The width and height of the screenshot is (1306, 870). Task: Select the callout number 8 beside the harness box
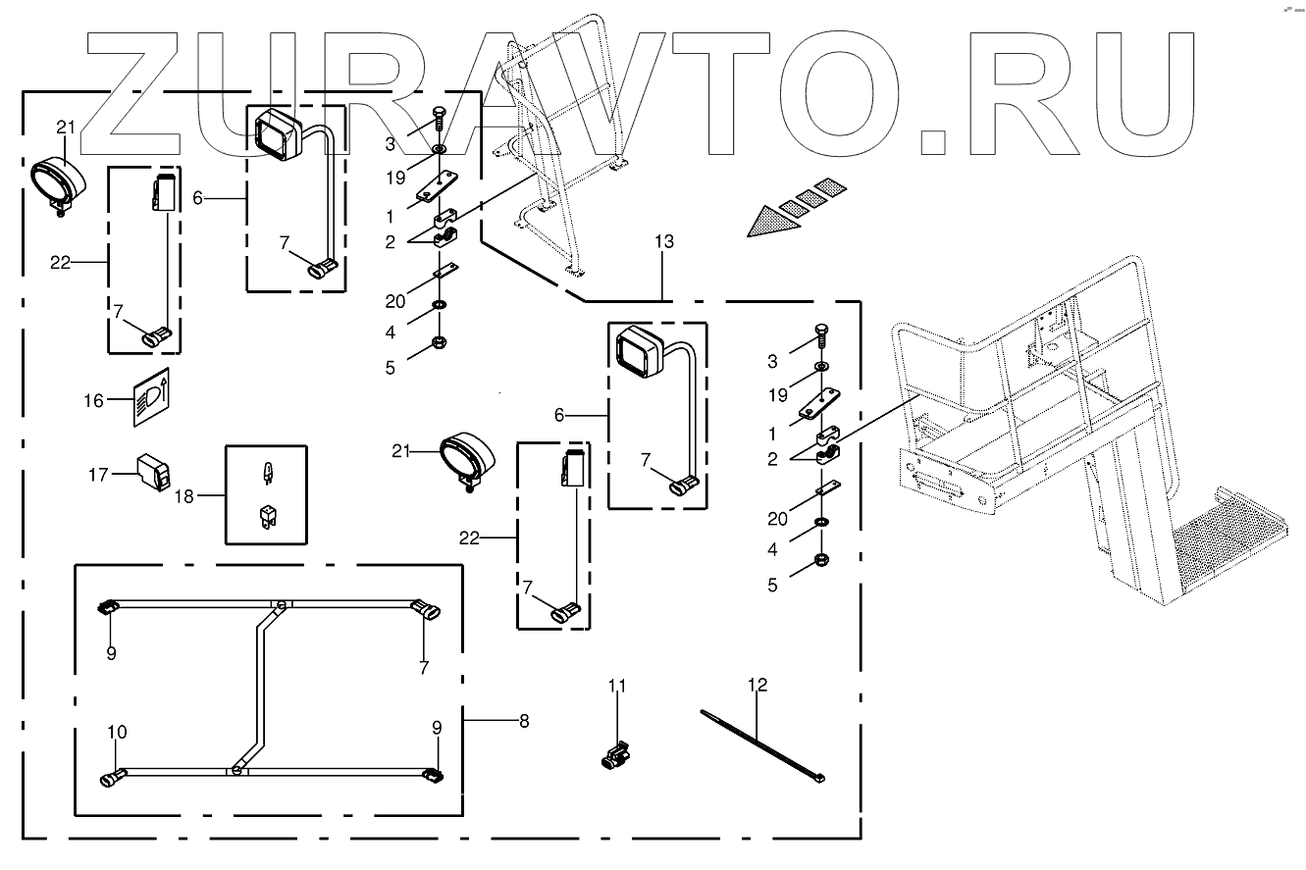[x=523, y=721]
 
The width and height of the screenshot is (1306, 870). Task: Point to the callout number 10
[x=117, y=733]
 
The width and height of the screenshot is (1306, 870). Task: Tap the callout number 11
[x=615, y=685]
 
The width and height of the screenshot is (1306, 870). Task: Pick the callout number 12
[x=757, y=685]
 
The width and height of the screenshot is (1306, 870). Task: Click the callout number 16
[x=93, y=401]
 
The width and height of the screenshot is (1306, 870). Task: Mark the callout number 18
[x=185, y=496]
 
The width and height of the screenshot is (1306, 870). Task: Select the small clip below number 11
[x=614, y=757]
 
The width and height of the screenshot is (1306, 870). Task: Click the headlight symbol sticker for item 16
[x=150, y=397]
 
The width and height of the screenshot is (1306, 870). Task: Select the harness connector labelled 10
[x=111, y=780]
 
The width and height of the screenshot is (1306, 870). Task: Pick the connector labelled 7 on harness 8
[x=425, y=610]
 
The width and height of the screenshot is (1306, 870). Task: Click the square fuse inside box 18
[x=266, y=515]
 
